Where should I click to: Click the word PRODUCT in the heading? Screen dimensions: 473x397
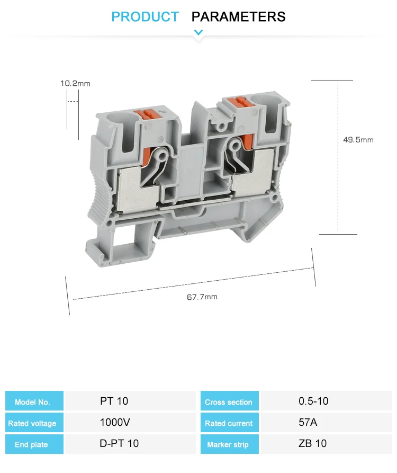tap(145, 17)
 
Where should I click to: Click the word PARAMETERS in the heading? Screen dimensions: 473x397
tap(238, 17)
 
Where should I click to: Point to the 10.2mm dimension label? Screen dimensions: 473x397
tap(75, 83)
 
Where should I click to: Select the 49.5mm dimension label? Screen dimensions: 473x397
tap(358, 140)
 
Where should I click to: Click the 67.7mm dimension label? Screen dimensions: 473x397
tap(202, 297)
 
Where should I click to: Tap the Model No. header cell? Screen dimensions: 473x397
tap(33, 401)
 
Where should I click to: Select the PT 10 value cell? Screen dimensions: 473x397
tap(114, 401)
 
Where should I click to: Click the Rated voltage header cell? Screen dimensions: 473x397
tap(33, 423)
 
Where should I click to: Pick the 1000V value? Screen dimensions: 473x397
tap(115, 422)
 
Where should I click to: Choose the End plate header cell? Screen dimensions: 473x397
tap(33, 444)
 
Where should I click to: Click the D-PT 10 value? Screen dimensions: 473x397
tap(119, 443)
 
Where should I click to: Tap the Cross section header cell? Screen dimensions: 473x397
tap(229, 401)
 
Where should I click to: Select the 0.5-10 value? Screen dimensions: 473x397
tap(313, 401)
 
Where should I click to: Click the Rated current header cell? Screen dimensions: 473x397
tap(229, 423)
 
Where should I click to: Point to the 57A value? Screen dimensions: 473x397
tap(308, 422)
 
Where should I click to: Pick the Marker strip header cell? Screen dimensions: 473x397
tap(229, 444)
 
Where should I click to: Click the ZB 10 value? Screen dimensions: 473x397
tap(313, 443)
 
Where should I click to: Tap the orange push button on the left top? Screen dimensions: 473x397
tap(149, 113)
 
